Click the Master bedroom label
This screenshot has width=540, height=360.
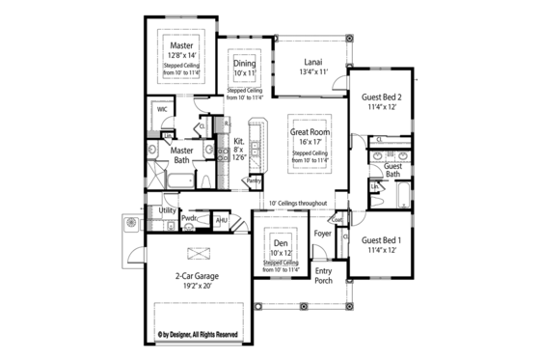click(180, 45)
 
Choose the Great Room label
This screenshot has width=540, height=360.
click(311, 130)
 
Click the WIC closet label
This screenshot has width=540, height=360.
click(163, 111)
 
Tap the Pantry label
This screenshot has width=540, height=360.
click(254, 180)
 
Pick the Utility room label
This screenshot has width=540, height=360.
click(167, 209)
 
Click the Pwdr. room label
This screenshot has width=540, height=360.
click(190, 219)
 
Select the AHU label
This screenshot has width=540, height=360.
click(221, 219)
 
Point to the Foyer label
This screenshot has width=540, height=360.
click(322, 234)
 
